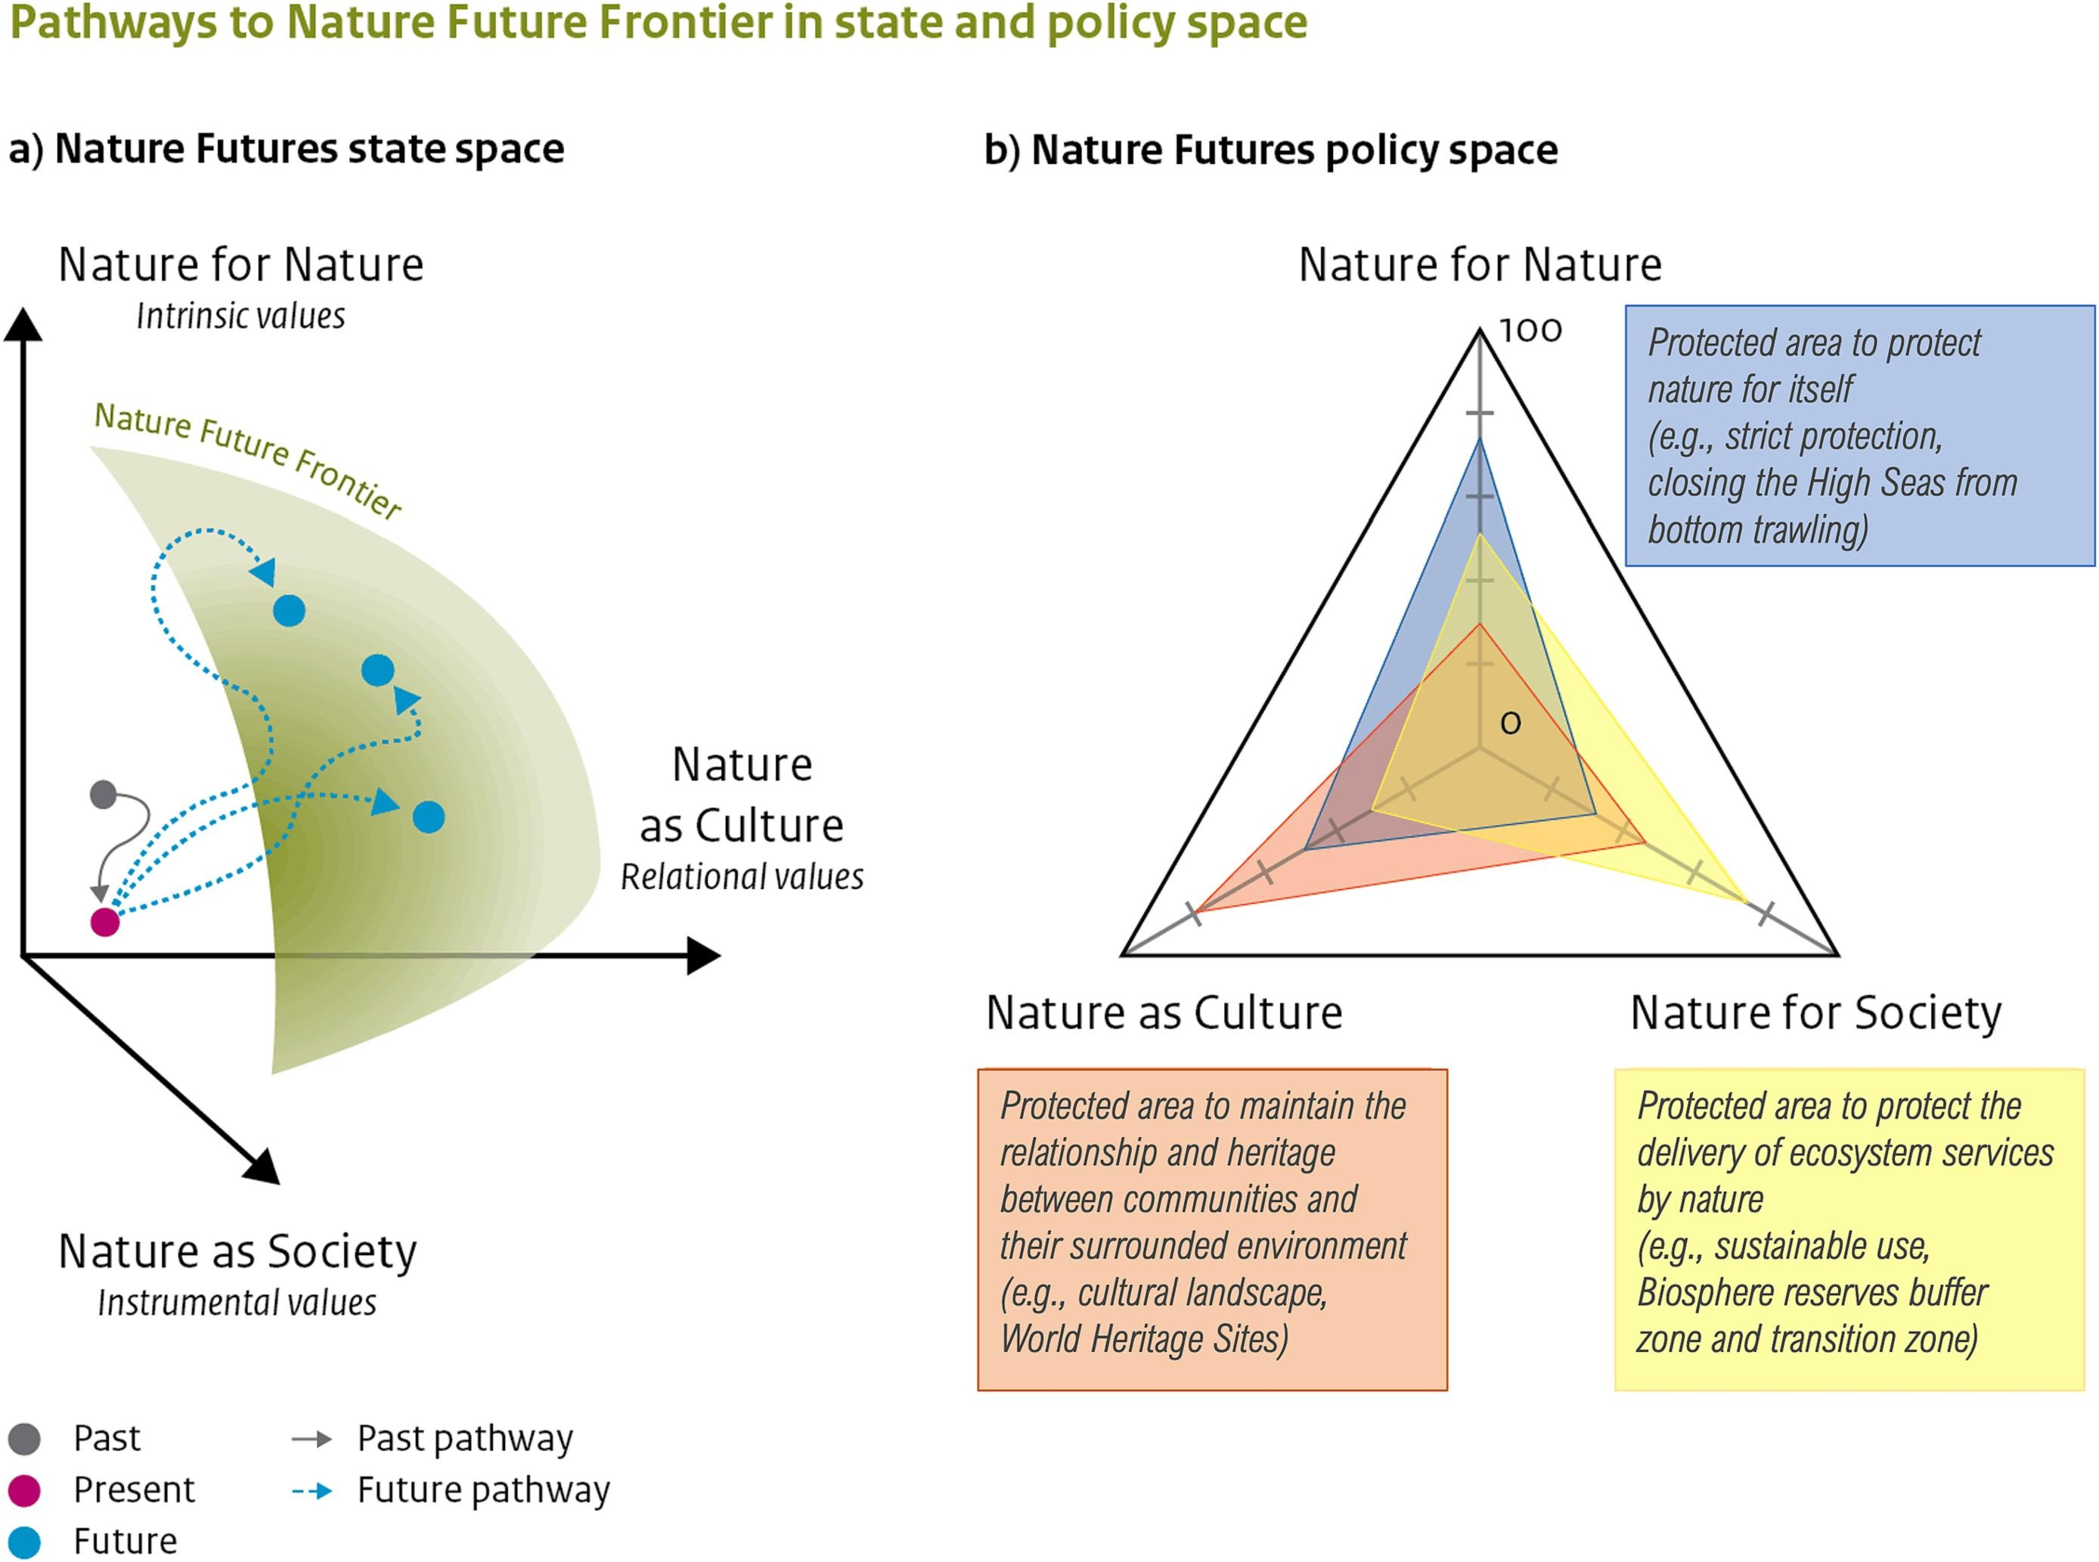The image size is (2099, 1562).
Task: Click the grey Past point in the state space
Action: click(103, 795)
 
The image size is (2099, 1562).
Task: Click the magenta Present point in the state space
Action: click(105, 922)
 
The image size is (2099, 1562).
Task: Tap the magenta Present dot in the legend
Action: click(25, 1490)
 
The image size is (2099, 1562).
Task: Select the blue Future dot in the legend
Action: click(25, 1541)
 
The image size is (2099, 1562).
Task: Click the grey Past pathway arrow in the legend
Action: click(312, 1440)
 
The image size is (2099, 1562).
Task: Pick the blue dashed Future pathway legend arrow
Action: click(312, 1491)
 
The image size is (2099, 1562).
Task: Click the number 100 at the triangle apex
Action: click(1530, 331)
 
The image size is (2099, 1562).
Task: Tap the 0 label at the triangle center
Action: click(1511, 724)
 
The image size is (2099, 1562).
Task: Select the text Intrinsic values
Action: click(241, 316)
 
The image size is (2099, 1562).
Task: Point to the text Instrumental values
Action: click(237, 1303)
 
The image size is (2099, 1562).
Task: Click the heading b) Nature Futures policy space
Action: click(1271, 150)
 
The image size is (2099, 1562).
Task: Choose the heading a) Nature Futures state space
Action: click(287, 148)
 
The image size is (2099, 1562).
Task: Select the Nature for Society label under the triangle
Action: click(1815, 1012)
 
